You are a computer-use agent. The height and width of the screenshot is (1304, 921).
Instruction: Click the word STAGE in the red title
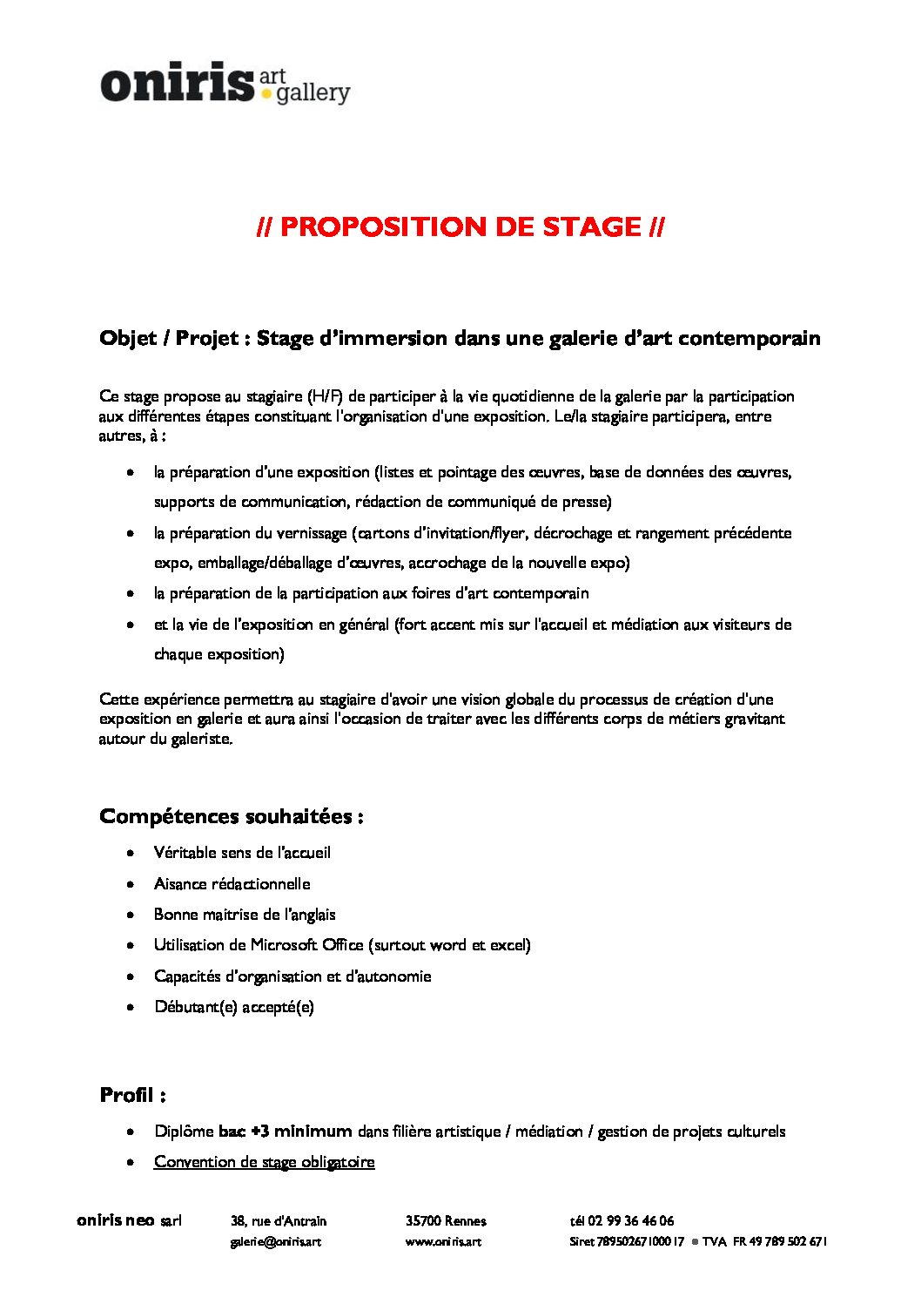coord(591,227)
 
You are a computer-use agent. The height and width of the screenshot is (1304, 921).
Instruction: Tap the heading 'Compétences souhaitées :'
coord(231,817)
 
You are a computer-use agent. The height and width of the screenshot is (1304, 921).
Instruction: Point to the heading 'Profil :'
coord(132,1096)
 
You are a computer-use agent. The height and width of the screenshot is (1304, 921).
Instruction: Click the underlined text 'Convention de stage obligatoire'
coord(264,1162)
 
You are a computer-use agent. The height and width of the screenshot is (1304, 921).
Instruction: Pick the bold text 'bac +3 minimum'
coord(285,1132)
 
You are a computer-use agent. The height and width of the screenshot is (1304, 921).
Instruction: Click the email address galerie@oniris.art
coord(275,1241)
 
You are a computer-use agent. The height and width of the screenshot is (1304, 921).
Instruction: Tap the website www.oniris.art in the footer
coord(443,1241)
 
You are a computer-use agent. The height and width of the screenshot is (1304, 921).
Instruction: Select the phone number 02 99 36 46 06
coord(631,1221)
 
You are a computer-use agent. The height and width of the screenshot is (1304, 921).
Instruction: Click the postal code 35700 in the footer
coord(423,1221)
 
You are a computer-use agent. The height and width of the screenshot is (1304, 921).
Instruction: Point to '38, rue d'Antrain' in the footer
coord(279,1221)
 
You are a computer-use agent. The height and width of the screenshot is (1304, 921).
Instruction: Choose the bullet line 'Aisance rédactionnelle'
coord(232,884)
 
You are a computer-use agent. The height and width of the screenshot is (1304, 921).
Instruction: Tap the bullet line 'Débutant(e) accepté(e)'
coord(233,1007)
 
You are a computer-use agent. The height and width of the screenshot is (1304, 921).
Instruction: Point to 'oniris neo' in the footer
coord(115,1221)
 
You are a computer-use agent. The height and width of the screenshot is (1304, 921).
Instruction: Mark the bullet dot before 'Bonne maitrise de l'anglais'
coord(131,915)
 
